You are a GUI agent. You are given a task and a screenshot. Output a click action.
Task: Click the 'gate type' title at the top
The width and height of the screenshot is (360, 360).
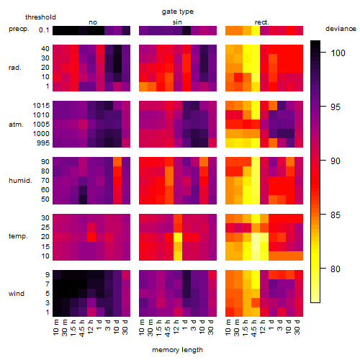point(178,12)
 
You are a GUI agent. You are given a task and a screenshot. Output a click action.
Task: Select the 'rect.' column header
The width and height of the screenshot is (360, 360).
point(262,22)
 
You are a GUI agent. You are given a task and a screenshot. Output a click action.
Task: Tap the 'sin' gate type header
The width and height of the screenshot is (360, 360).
point(177,22)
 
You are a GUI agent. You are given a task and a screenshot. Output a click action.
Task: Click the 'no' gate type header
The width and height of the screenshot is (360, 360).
point(93,22)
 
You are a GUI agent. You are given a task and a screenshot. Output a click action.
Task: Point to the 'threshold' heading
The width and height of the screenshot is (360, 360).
point(40,17)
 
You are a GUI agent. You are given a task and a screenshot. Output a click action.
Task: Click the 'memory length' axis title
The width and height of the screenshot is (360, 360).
point(178,350)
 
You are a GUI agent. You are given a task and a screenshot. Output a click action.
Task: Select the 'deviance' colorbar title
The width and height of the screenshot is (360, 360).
point(341,29)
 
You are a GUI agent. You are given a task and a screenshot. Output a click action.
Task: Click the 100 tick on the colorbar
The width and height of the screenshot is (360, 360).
point(338,53)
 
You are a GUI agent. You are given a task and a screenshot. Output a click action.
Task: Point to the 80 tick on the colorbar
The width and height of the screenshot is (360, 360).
point(336,269)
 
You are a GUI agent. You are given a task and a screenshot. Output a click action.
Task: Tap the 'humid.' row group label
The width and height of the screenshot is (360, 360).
point(20,181)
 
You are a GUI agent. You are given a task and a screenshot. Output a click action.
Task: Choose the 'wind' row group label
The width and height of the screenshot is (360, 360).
point(17,294)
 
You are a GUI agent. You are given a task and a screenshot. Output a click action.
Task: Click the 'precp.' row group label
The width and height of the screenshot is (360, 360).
point(19,29)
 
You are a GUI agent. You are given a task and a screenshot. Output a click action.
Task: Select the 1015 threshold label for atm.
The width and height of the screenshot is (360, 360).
point(41,106)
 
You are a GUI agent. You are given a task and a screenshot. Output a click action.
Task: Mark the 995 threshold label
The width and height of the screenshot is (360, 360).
point(43,143)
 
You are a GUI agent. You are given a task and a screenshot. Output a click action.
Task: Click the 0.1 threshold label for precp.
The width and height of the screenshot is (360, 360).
point(44,30)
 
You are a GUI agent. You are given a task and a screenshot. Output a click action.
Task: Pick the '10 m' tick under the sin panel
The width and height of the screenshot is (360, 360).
point(143,327)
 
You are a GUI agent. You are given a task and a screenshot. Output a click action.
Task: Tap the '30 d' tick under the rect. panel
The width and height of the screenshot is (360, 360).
point(297,327)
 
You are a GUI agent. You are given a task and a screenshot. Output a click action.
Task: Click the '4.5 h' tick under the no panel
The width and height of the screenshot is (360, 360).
point(82,328)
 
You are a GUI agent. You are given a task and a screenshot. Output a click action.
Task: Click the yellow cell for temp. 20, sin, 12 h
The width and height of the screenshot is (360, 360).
point(178,237)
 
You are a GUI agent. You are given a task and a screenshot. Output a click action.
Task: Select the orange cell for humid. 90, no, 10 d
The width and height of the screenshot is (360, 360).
point(117,161)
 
